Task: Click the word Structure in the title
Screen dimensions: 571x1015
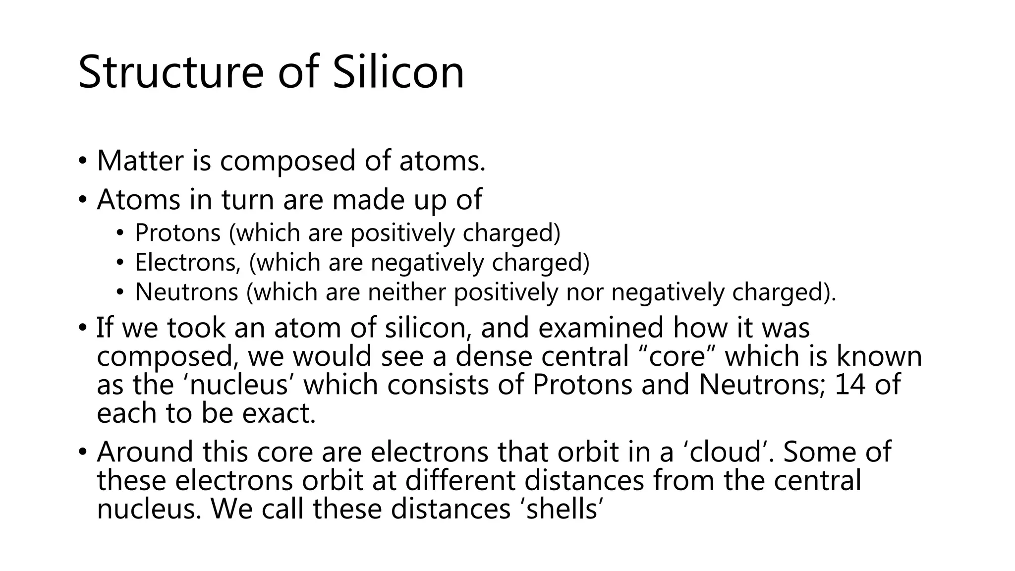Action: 170,72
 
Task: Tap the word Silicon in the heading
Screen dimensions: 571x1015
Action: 398,72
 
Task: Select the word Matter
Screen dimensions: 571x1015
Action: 140,161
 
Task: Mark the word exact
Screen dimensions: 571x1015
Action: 279,413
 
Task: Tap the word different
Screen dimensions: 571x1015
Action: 459,480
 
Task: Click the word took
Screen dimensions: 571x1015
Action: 196,328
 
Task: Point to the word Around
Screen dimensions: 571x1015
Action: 145,452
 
